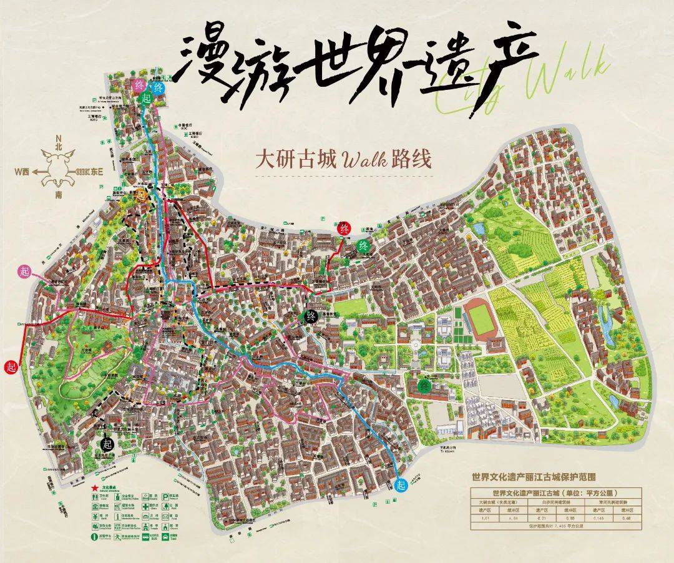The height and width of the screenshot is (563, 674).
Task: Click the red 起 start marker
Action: [10, 366]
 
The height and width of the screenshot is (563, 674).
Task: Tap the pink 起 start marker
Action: [25, 271]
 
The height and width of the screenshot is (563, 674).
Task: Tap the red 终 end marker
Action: [344, 228]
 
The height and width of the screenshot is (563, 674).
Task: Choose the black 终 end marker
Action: [310, 316]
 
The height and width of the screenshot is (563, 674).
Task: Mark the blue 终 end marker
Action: [158, 88]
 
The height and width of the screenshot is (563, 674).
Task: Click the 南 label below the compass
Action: [59, 195]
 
